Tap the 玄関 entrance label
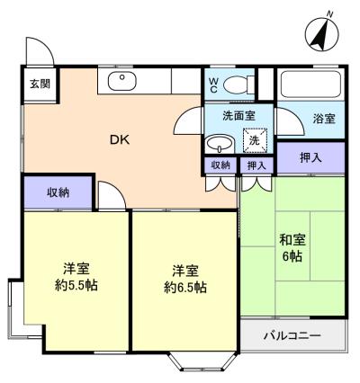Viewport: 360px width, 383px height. [x=38, y=86]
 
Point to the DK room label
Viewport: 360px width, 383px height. [x=119, y=139]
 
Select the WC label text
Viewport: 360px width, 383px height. [x=213, y=85]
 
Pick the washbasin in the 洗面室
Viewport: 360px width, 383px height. [x=219, y=143]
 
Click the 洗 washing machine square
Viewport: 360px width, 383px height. [x=255, y=141]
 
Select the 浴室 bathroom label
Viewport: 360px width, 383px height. [x=323, y=118]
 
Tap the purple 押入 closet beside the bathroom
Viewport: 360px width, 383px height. [x=311, y=157]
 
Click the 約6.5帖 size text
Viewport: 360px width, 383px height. [x=185, y=288]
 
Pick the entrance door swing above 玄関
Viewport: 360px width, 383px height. [x=39, y=52]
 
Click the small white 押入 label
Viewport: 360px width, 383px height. [x=256, y=165]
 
